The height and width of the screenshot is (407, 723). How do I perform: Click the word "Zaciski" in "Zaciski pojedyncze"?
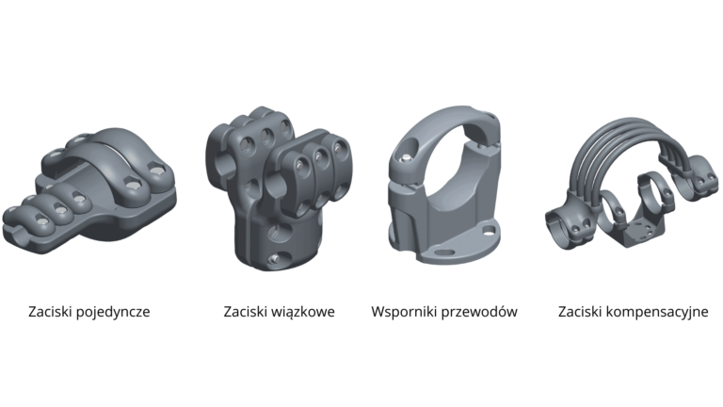tap(48, 312)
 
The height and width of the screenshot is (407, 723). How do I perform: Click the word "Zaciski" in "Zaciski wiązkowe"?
tap(244, 312)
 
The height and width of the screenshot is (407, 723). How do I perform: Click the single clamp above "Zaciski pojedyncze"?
tap(89, 190)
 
